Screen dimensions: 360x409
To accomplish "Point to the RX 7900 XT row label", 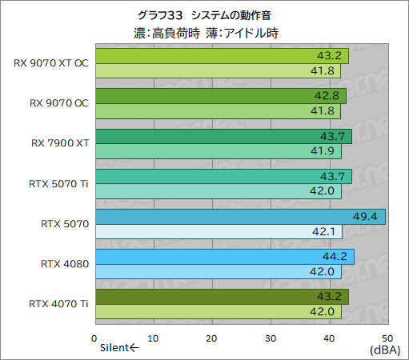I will [59, 143].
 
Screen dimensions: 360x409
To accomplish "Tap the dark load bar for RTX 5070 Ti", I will [223, 176].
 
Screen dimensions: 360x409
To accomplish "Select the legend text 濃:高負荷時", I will [167, 34].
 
